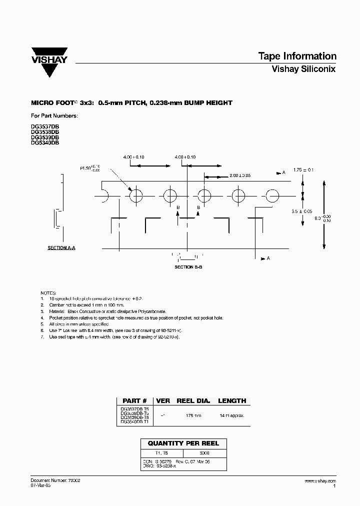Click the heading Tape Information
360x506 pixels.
click(x=296, y=56)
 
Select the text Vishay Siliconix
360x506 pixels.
click(x=303, y=69)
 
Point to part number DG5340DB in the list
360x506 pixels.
click(x=45, y=142)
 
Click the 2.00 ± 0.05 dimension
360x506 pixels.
click(x=239, y=175)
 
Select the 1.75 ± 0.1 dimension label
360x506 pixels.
click(x=303, y=170)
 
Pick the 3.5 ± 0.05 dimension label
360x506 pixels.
click(x=301, y=211)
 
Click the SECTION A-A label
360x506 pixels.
click(x=61, y=248)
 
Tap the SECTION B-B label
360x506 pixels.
click(x=188, y=267)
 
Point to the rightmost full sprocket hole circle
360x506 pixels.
click(x=272, y=195)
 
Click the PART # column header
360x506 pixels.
click(x=134, y=400)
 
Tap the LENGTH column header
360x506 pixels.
click(x=232, y=400)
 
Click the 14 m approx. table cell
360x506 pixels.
click(x=232, y=415)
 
